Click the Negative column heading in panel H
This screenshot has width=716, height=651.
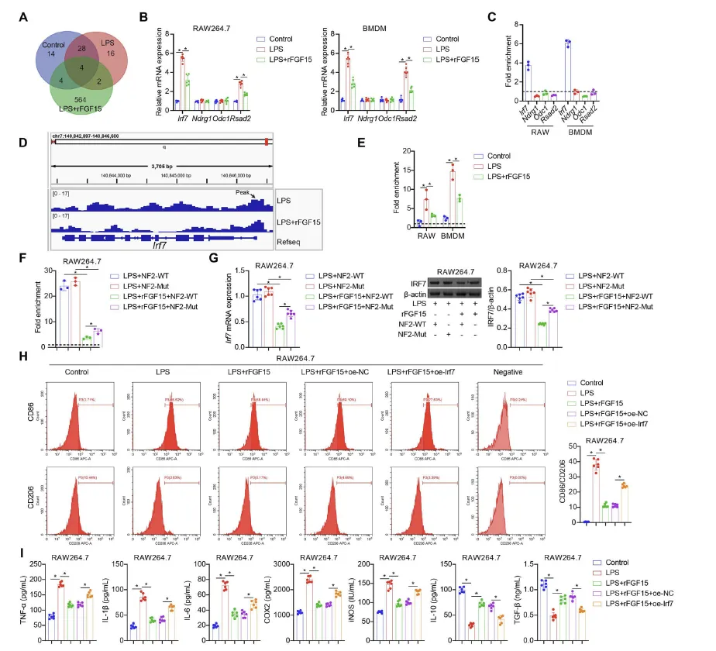coord(505,371)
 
